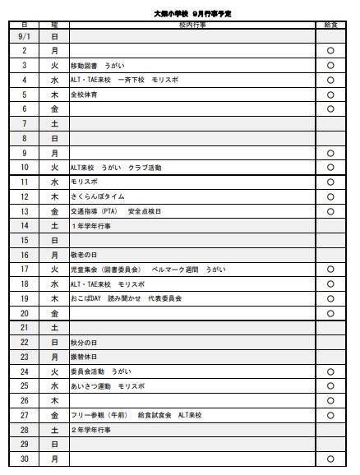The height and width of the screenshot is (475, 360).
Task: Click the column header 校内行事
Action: [x=192, y=25]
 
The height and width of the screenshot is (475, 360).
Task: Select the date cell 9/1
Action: [x=24, y=37]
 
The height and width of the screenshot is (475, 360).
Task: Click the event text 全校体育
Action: [x=84, y=95]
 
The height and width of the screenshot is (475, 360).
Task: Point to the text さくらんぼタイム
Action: [x=98, y=196]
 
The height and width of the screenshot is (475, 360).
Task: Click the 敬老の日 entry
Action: [x=85, y=255]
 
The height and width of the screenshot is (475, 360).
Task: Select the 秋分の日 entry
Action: [x=85, y=342]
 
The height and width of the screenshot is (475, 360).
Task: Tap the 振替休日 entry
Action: [x=85, y=357]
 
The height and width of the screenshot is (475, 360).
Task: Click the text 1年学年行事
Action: [x=92, y=226]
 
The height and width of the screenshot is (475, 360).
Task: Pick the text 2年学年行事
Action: [x=92, y=430]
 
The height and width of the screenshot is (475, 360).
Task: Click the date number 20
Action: [x=25, y=313]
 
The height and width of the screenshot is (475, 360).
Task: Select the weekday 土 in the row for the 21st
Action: [x=54, y=327]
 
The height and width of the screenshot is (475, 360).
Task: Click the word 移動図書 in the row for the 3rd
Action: [x=84, y=66]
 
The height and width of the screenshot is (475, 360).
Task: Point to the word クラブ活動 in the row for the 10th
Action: [x=145, y=168]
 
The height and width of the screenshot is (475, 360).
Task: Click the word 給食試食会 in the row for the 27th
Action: [x=155, y=415]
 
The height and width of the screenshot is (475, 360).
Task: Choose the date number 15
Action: [x=25, y=240]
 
